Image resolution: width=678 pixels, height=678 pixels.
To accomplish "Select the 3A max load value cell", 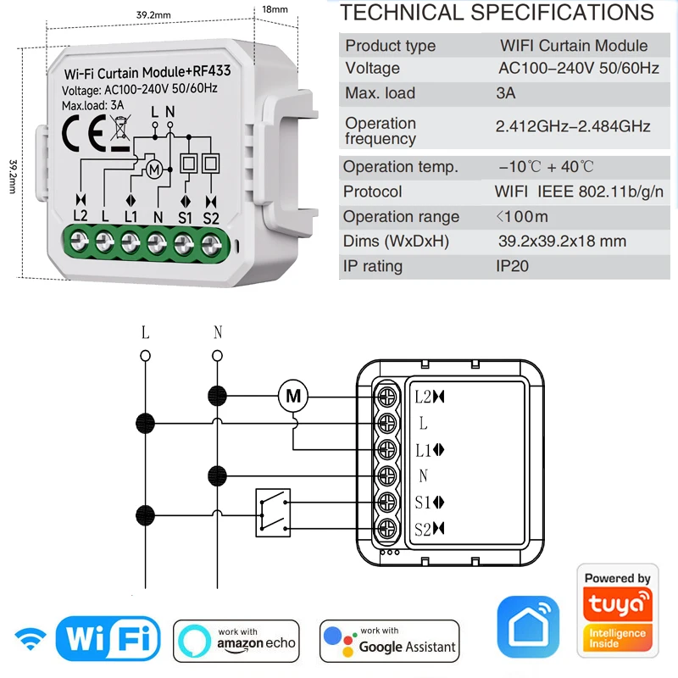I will coord(505,93).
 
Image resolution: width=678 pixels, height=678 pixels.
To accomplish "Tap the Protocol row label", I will coord(373,192).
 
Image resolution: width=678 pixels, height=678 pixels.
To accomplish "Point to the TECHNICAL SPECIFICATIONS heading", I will coord(497,13).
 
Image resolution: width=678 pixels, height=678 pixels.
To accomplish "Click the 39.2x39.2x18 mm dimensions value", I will coord(562,242).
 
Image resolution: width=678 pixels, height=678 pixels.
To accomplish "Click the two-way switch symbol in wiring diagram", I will coord(271,513).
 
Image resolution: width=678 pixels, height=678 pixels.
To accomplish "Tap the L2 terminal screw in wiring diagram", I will coord(388,395).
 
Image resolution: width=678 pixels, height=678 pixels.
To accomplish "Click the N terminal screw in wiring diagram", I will coord(388,475).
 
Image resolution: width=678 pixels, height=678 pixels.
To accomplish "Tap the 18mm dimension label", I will coord(275,9).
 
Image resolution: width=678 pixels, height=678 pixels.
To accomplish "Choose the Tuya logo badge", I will coord(617,610).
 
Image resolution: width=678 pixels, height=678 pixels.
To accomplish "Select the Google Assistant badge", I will coord(390,640).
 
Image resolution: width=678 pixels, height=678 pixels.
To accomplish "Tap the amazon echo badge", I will coord(236,640).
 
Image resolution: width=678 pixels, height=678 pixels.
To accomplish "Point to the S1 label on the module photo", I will coord(186,215).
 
